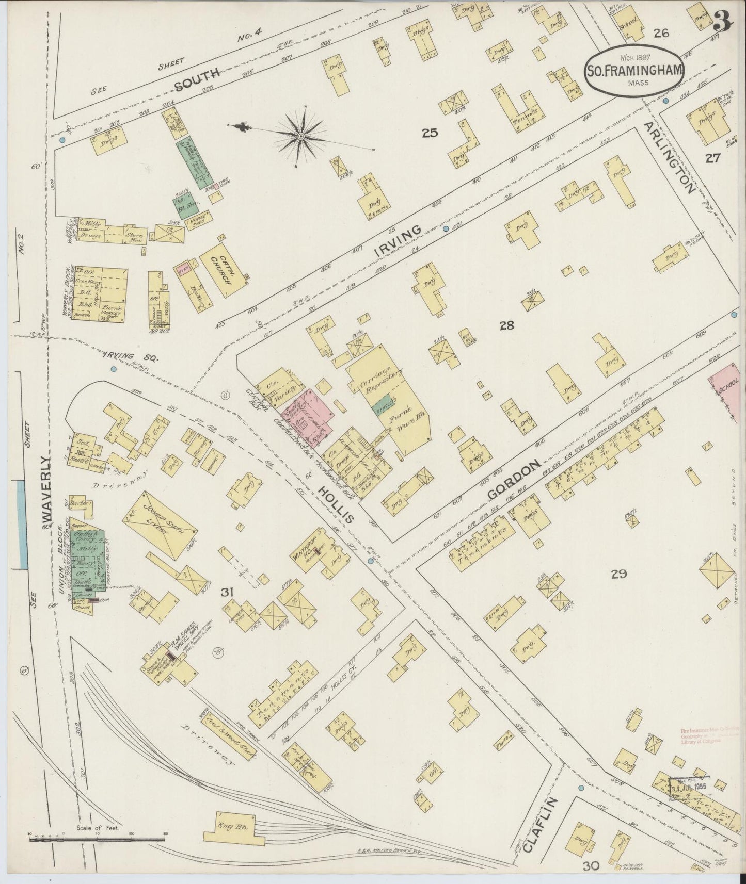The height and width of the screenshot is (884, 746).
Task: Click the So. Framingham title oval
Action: (634, 70)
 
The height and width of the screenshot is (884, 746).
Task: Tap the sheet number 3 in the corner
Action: (724, 21)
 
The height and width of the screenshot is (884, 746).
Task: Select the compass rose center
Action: (300, 136)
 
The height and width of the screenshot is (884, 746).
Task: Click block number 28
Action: (506, 325)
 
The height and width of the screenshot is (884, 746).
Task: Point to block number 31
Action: (228, 593)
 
